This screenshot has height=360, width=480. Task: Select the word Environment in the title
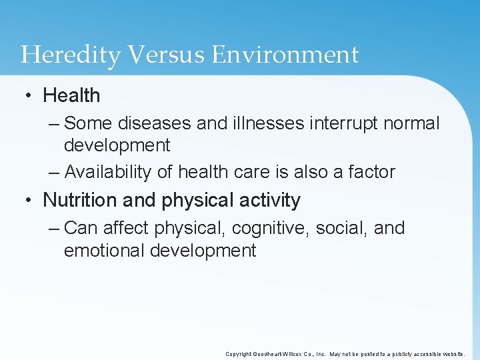(285, 55)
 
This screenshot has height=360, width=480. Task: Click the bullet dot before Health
(29, 96)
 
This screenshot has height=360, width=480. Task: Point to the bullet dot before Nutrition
(29, 200)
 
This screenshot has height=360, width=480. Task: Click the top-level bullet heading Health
(71, 96)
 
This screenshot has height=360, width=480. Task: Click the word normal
(411, 123)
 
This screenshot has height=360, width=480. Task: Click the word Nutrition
(82, 200)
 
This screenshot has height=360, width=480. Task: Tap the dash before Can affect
(54, 228)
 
